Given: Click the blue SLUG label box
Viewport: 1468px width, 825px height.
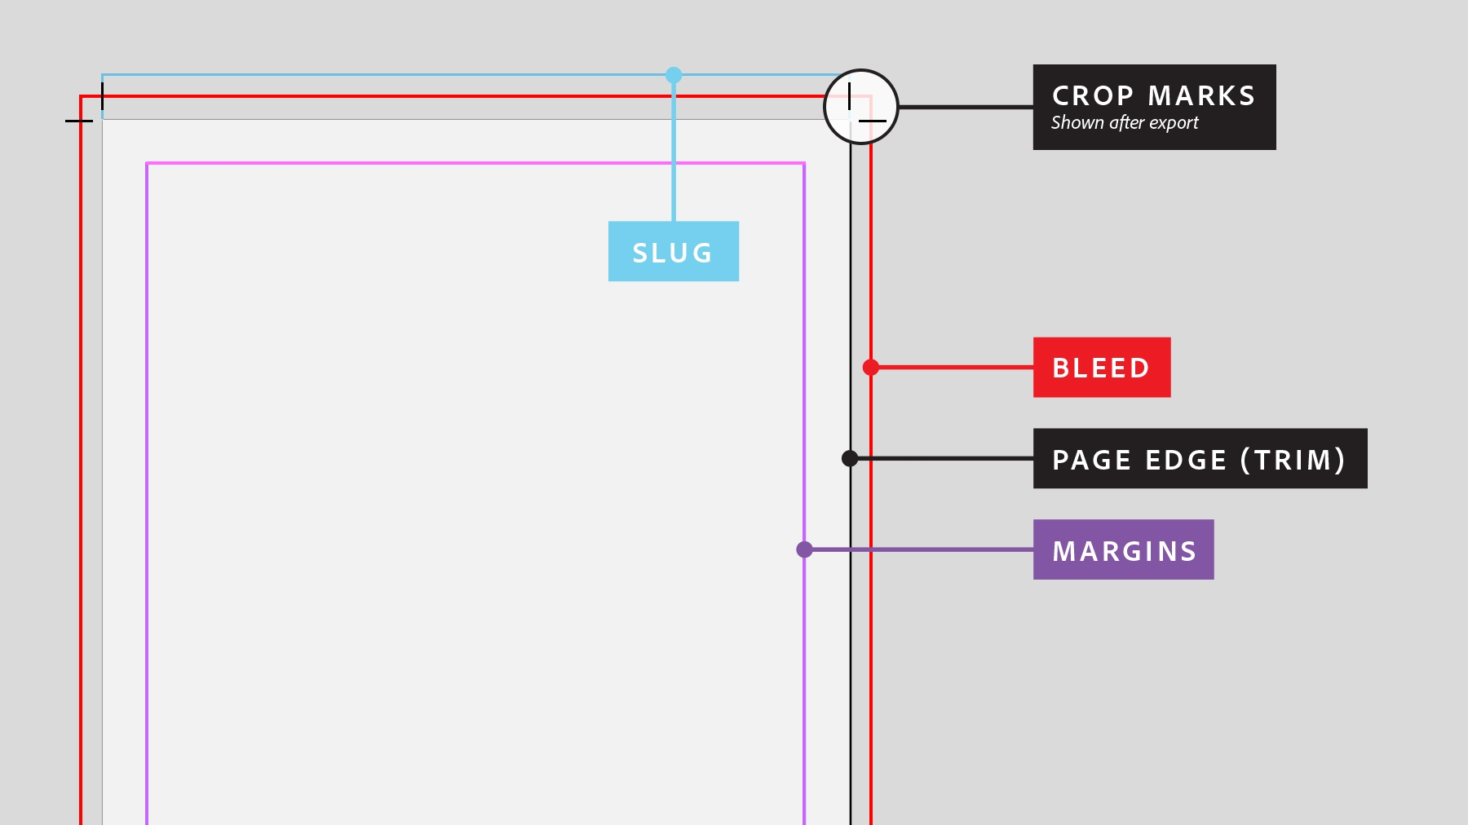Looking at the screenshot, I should point(673,251).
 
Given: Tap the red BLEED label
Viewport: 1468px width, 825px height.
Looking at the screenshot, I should point(1101,368).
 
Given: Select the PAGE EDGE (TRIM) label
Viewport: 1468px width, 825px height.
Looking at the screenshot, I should point(1199,459).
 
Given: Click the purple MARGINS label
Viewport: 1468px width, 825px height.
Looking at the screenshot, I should point(1123,550).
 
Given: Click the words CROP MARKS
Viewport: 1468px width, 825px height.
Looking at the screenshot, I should point(1153,96).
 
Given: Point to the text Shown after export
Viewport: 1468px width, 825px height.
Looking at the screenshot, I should point(1124,123).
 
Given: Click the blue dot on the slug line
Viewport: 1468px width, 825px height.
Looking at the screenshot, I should point(673,75).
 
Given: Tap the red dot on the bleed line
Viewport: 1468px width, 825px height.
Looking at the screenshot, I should point(871,368).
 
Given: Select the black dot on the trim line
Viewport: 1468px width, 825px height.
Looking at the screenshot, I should point(850,458).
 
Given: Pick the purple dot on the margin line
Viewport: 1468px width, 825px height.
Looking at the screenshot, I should point(804,549).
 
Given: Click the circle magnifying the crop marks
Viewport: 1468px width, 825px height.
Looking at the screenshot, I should point(861,107).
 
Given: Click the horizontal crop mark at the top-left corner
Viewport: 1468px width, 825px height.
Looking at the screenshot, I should point(78,121).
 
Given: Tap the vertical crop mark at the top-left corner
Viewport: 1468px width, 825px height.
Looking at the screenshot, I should point(102,95).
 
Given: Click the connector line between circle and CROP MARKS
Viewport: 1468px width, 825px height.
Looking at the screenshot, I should point(966,107).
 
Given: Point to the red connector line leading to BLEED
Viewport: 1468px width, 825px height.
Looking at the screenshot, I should point(954,368).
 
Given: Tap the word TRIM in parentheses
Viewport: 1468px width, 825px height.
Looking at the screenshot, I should point(1293,460).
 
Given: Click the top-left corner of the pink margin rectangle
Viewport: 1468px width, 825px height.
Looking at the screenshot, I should point(148,164).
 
